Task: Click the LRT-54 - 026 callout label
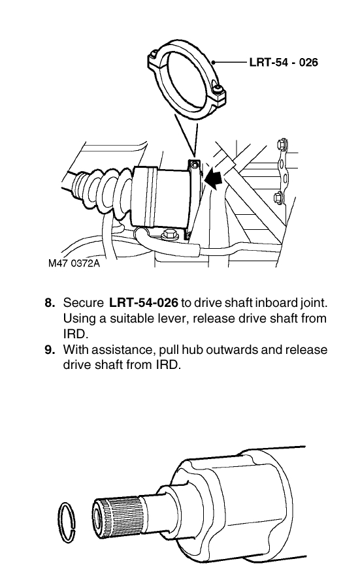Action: coord(284,62)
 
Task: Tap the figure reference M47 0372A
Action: coord(74,263)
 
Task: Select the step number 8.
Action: coord(50,303)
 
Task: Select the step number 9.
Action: coord(50,349)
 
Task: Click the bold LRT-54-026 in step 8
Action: coord(144,303)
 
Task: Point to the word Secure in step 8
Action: coord(84,303)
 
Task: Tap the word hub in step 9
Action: coord(193,349)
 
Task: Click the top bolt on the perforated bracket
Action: coord(282,144)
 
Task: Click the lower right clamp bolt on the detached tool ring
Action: coord(219,89)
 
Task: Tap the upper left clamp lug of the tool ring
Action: coord(154,59)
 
